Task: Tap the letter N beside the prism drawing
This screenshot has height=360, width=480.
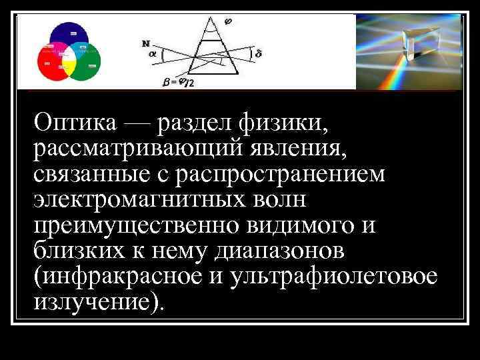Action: coord(145,43)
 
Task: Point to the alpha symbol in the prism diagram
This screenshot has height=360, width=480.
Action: coord(152,55)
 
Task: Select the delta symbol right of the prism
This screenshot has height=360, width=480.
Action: coord(258,53)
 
